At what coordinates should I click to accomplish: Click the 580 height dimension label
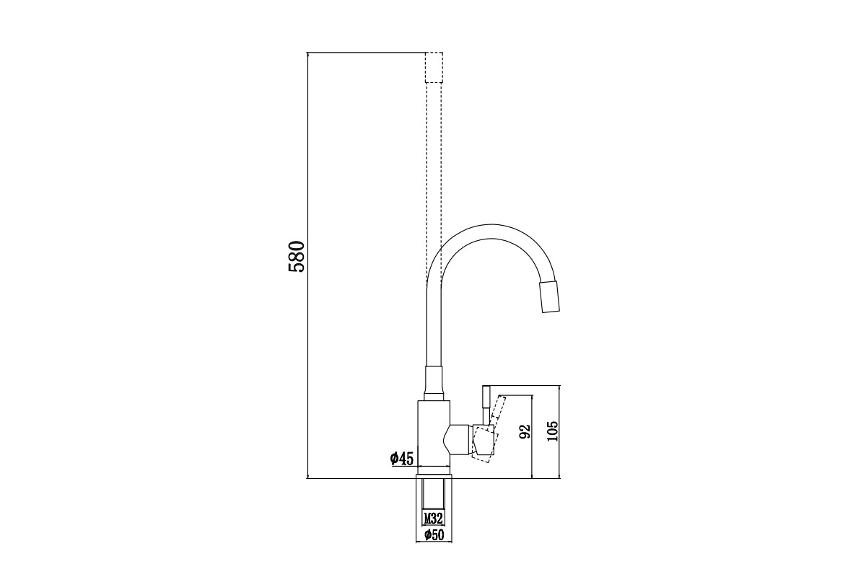[297, 257]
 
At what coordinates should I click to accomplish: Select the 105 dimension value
[553, 431]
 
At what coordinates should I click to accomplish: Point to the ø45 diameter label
[402, 458]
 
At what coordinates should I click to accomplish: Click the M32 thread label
[433, 518]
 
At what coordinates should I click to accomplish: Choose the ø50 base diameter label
[434, 534]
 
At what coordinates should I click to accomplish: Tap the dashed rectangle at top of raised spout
[434, 67]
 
